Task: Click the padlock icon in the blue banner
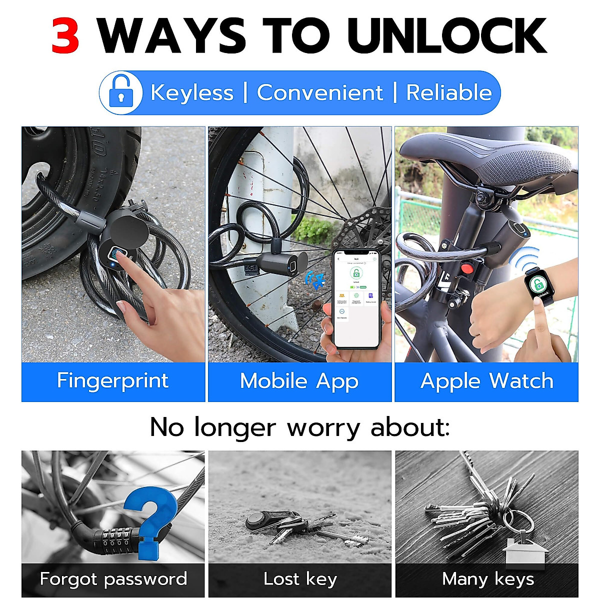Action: point(120,92)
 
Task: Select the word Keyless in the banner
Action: point(192,93)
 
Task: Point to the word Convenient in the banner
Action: point(319,93)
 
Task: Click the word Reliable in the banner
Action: point(448,93)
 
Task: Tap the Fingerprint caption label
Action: point(113,381)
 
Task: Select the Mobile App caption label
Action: point(299,381)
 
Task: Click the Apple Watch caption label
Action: point(486,381)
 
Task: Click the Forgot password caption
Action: point(113,579)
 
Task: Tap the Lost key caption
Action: point(299,579)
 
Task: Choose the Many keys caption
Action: point(487,579)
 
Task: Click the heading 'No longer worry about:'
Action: point(299,427)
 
